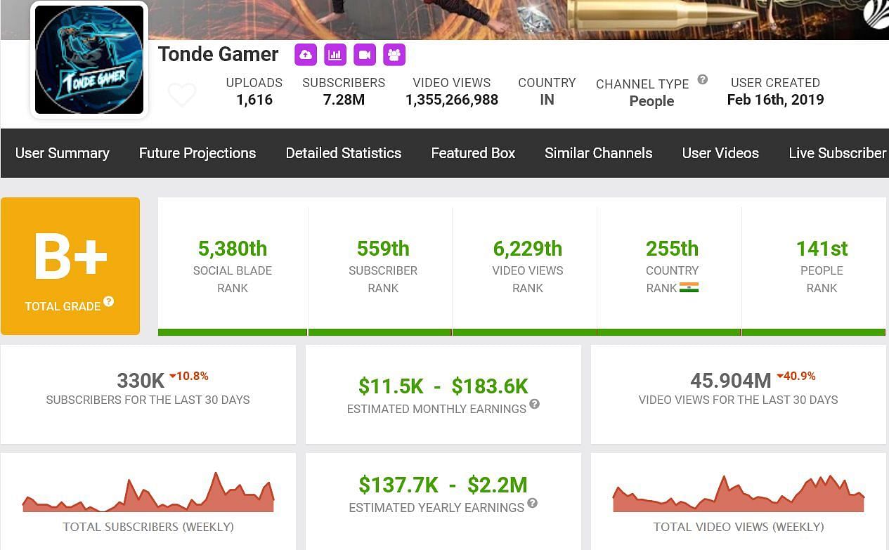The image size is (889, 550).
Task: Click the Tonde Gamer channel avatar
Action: [x=89, y=60]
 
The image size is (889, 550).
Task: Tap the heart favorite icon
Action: [x=182, y=95]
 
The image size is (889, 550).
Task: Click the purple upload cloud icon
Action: [x=305, y=55]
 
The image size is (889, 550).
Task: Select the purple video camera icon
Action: [x=365, y=55]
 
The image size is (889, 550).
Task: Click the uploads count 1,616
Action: [x=254, y=100]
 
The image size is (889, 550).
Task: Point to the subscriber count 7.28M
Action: [x=344, y=100]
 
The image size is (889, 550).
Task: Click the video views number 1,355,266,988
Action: [x=452, y=100]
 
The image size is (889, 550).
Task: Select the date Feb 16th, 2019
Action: [x=775, y=100]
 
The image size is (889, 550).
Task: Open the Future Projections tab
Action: [x=197, y=153]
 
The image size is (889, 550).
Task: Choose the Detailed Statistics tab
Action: [x=344, y=153]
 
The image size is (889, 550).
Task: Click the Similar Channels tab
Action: [x=598, y=153]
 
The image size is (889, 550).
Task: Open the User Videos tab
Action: [x=720, y=153]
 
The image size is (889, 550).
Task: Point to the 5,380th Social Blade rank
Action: [x=233, y=249]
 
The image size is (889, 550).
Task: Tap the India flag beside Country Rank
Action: [x=689, y=287]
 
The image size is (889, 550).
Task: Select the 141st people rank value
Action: [x=822, y=249]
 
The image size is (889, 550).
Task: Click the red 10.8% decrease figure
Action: [x=192, y=377]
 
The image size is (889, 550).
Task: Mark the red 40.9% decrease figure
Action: [x=799, y=377]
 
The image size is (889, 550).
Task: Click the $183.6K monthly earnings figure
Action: [x=489, y=386]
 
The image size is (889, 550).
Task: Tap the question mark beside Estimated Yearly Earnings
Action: [x=533, y=503]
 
